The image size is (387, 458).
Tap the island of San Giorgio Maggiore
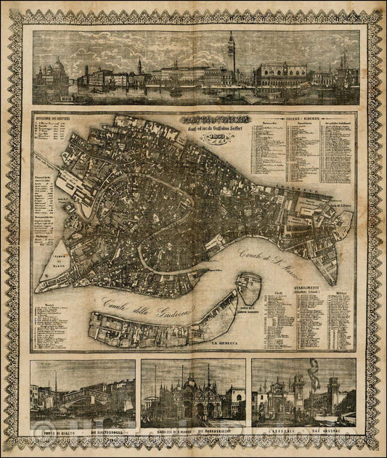coord(248,290)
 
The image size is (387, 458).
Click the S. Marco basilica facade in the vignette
coord(193,400)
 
